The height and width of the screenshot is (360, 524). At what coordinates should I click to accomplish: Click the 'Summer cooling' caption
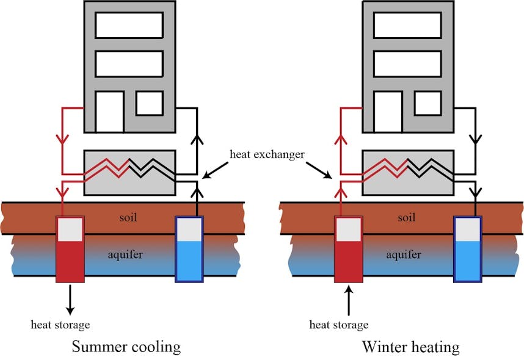126,347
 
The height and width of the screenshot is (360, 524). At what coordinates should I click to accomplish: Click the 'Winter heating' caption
410,347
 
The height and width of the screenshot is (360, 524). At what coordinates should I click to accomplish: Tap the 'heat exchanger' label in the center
267,154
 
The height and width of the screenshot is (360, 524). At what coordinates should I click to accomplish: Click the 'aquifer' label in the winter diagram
403,254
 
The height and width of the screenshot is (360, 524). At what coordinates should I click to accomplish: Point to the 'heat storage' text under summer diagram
60,324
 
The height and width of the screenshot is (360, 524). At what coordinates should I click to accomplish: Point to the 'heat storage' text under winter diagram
339,324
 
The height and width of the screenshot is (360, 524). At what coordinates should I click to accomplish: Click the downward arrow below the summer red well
70,298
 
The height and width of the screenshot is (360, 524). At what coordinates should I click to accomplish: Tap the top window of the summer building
129,25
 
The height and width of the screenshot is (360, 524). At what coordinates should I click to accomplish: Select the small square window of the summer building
149,103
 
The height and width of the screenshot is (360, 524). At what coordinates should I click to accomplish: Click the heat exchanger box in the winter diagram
408,173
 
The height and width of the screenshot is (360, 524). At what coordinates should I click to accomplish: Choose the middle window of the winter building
407,63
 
